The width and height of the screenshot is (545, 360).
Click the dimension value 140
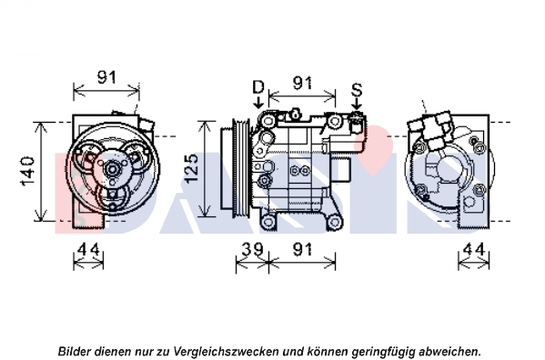click(x=28, y=171)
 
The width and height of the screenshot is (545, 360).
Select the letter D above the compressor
click(x=257, y=86)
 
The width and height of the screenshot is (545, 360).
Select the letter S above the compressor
click(x=357, y=90)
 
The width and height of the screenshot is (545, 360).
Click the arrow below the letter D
click(x=257, y=102)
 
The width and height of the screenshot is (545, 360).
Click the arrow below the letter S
click(x=357, y=105)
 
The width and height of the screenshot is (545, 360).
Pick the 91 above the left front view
click(x=106, y=77)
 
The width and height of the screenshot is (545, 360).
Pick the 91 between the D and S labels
click(x=302, y=83)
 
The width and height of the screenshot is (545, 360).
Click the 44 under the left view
click(x=88, y=249)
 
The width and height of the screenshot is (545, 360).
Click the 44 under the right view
click(x=474, y=249)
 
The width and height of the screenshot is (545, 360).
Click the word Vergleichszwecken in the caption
click(x=226, y=351)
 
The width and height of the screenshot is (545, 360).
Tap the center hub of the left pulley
click(x=112, y=169)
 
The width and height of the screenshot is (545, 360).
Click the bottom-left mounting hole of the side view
click(x=268, y=221)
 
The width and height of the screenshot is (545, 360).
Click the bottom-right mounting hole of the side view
click(x=334, y=221)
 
